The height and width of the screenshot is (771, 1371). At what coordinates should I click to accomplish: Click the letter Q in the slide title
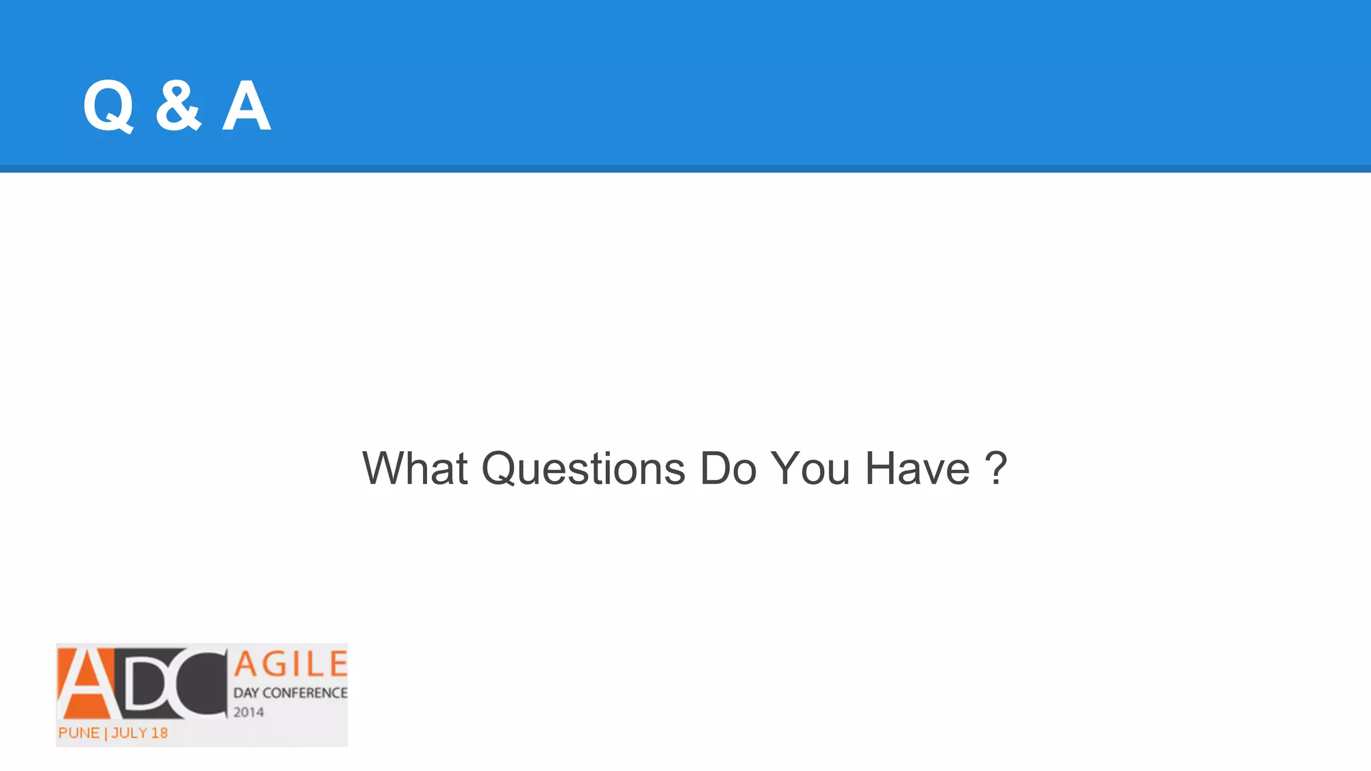click(x=108, y=106)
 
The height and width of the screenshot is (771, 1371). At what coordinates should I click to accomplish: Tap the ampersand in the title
click(x=178, y=106)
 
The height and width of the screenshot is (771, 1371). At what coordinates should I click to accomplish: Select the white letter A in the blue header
click(x=246, y=106)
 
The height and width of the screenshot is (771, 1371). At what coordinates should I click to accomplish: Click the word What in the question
click(x=414, y=468)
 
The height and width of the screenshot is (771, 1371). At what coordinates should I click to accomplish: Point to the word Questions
click(x=583, y=468)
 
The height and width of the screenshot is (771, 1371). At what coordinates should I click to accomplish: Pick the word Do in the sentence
click(x=728, y=468)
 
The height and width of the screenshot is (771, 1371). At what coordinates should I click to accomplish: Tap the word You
click(x=811, y=468)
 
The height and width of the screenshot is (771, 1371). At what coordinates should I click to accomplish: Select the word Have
click(x=917, y=468)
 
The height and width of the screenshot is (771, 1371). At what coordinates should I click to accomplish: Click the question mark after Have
click(x=996, y=468)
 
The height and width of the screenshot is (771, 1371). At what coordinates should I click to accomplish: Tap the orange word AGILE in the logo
click(x=291, y=665)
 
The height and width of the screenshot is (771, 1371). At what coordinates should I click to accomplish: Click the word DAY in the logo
click(x=246, y=693)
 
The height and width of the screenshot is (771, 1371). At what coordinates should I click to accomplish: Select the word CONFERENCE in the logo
click(x=305, y=693)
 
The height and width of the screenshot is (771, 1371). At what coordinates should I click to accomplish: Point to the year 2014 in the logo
click(x=248, y=712)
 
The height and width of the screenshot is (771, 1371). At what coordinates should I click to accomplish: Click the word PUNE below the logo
click(x=78, y=733)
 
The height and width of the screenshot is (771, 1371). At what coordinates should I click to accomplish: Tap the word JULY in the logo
click(x=129, y=733)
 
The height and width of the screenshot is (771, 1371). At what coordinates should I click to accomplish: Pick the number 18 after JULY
click(x=159, y=733)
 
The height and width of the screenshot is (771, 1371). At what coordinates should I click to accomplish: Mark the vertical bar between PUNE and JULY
click(x=105, y=734)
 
